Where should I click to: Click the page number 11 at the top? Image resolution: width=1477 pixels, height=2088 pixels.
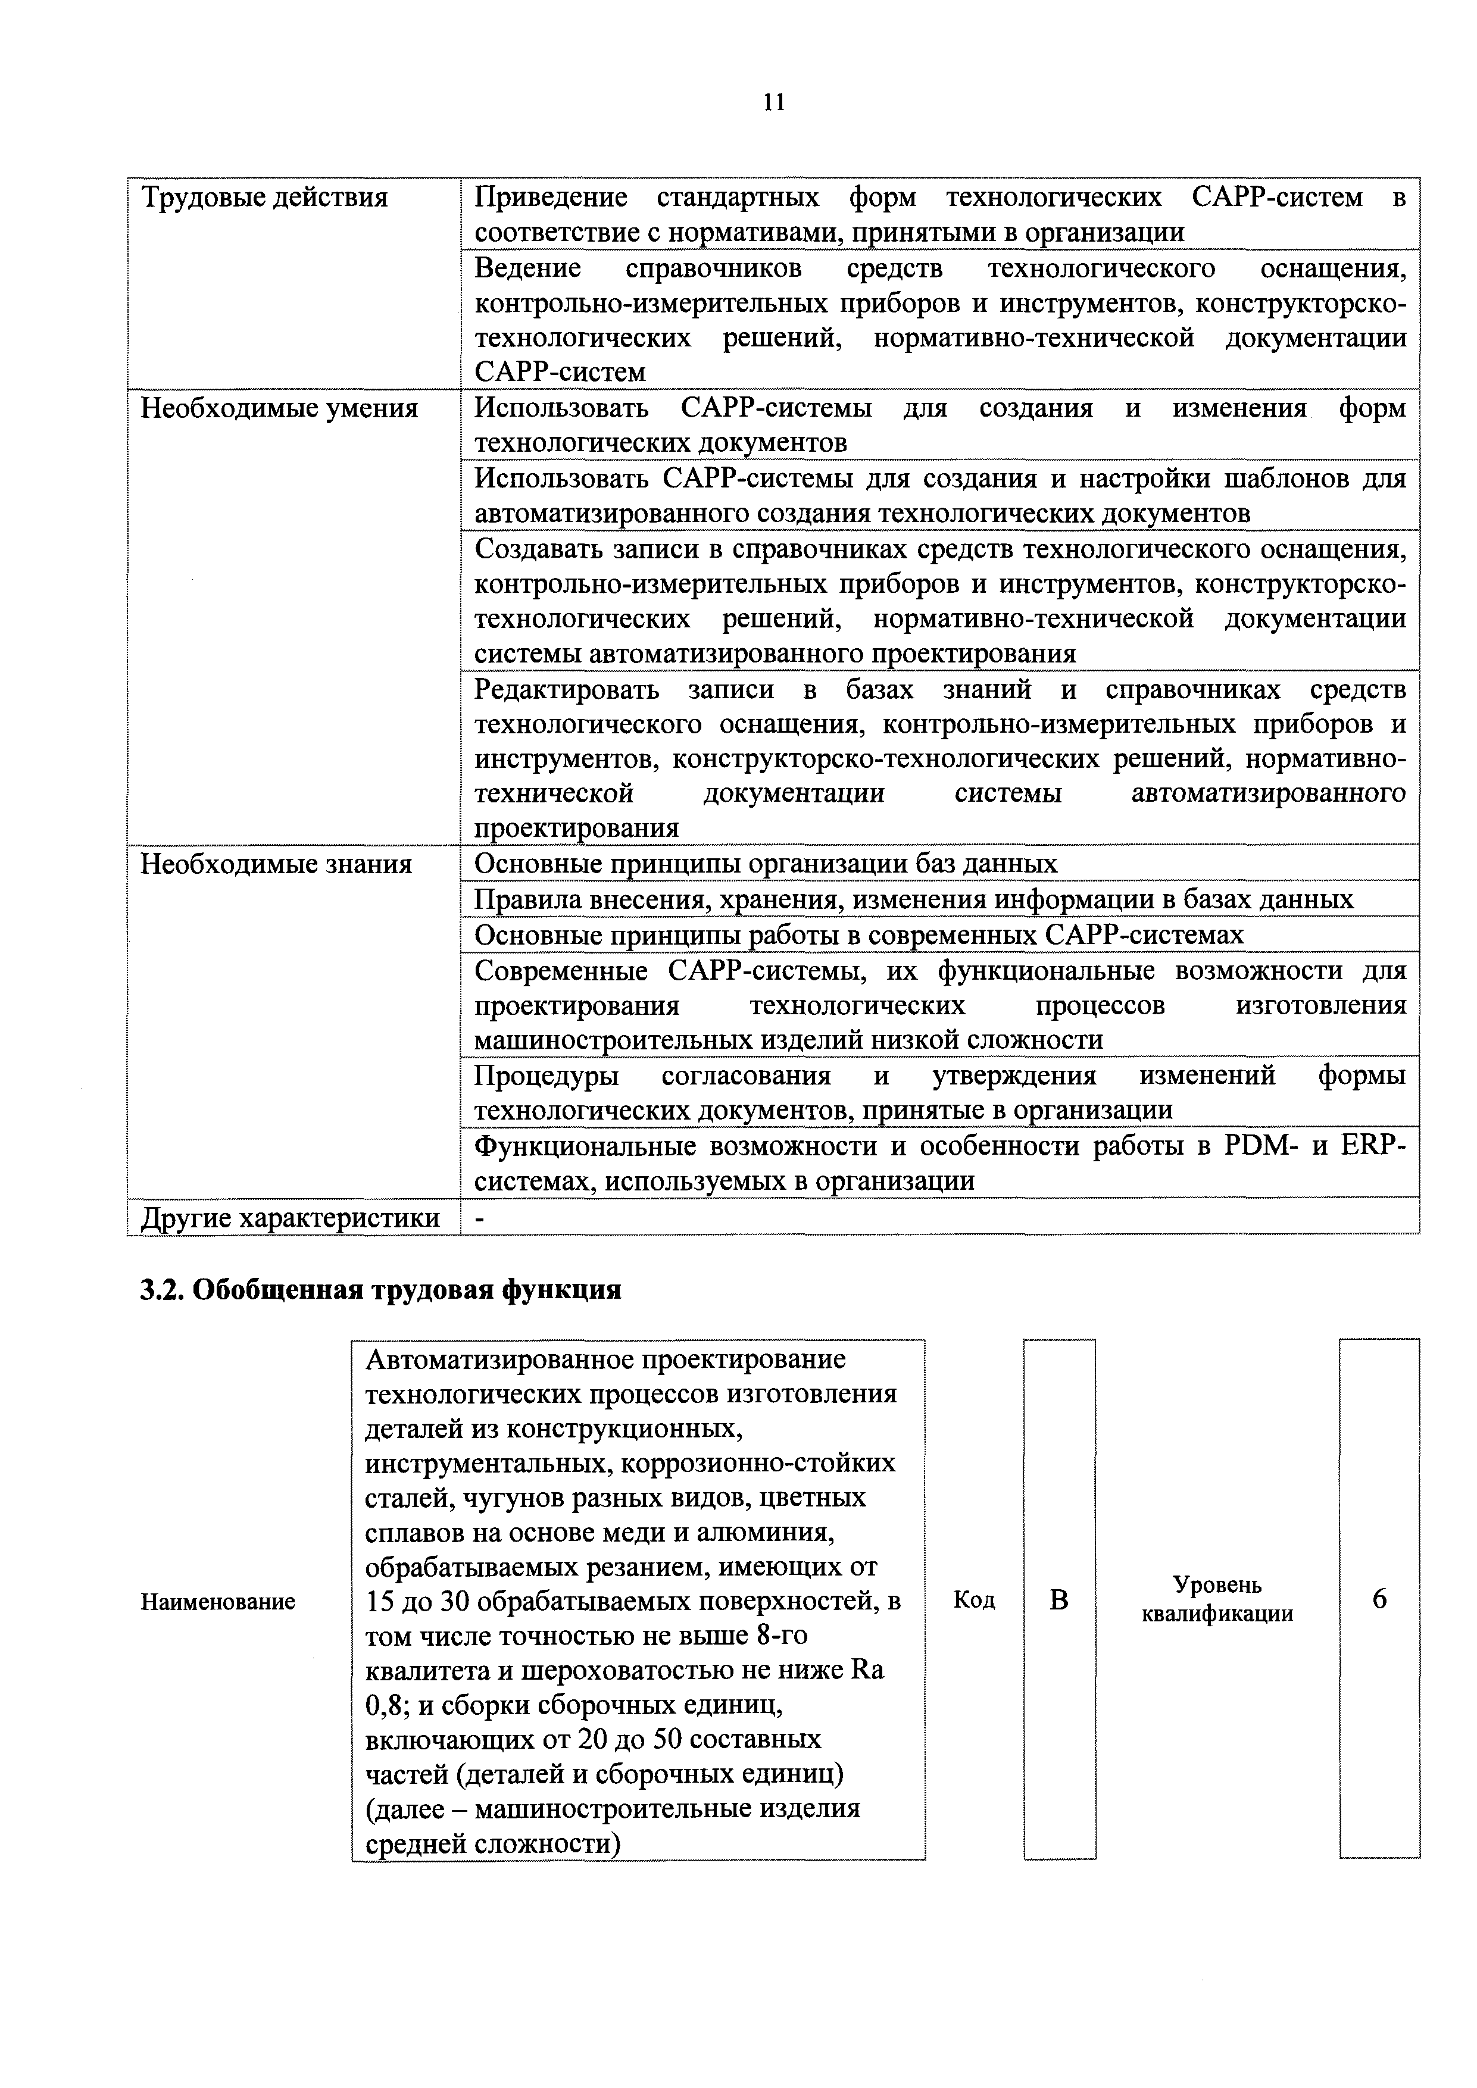[x=773, y=101]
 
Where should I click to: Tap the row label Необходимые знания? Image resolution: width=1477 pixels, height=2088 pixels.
[x=276, y=863]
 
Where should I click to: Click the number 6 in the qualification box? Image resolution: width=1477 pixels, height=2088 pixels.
[x=1379, y=1600]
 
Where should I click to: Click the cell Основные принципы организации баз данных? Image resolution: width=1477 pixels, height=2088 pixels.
[x=766, y=863]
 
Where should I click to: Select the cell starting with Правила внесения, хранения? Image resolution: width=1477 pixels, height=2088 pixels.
[x=913, y=899]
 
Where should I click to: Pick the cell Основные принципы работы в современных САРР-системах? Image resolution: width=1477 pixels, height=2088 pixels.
[x=858, y=935]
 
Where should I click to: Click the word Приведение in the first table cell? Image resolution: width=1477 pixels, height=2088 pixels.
[x=550, y=198]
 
